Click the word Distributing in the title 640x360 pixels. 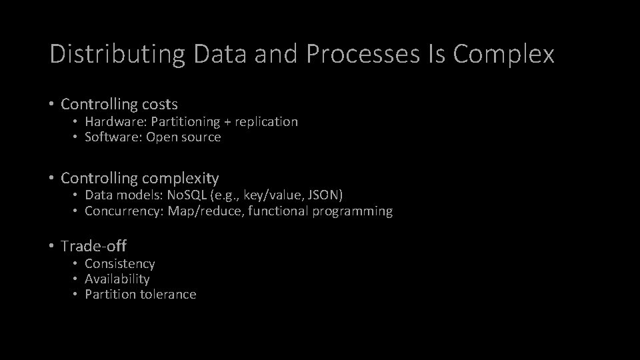[117, 55]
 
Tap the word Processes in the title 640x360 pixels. [361, 55]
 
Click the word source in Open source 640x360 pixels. [201, 137]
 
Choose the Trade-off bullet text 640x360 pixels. [93, 246]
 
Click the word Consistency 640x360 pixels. [120, 263]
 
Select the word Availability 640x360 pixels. [117, 279]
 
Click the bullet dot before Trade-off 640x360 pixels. [51, 246]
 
